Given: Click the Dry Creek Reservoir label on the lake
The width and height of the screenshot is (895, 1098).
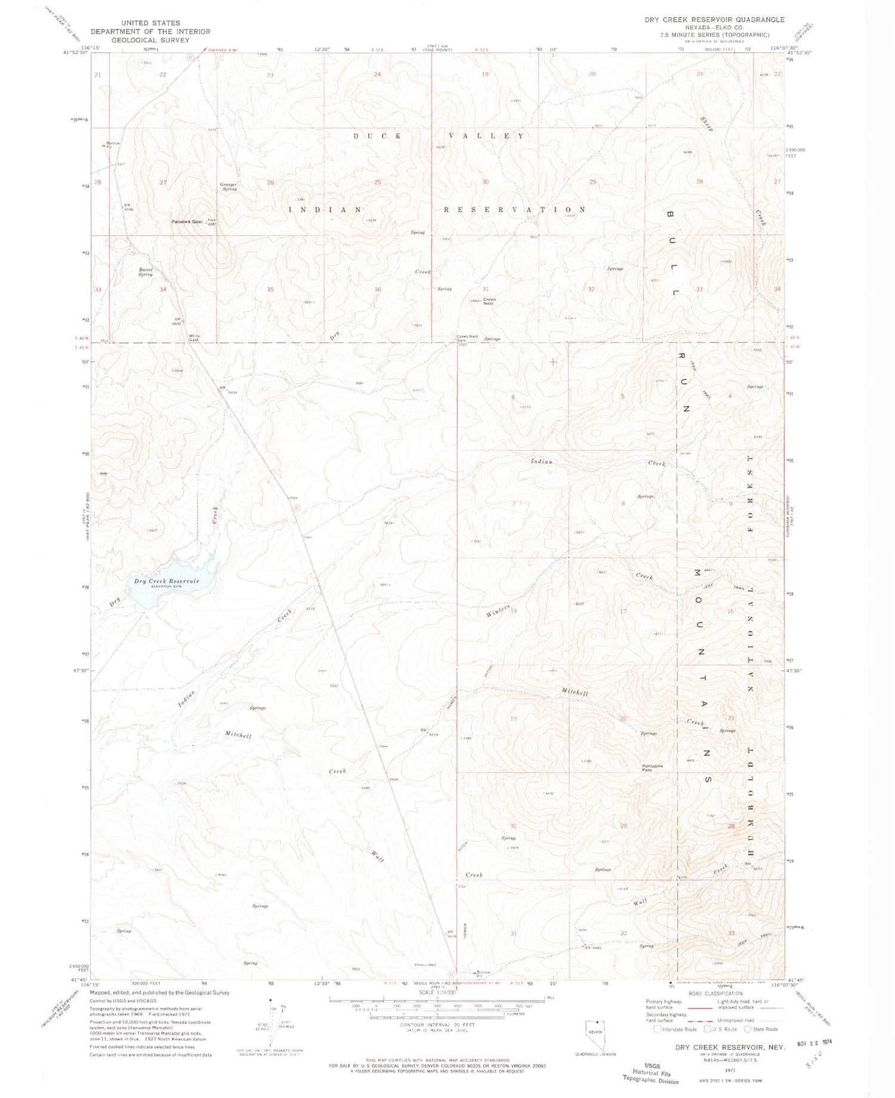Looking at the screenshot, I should [166, 581].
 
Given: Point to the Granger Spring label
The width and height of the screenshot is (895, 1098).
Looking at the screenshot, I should [229, 186].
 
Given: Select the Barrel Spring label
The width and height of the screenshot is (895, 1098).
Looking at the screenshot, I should [146, 272].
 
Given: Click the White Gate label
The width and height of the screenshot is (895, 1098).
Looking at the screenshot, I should [195, 337].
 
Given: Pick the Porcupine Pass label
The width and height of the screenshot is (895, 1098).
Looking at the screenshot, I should [653, 768].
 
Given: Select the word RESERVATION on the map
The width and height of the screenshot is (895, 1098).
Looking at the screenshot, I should [514, 210].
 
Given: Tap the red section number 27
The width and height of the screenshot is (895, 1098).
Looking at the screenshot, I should [163, 182].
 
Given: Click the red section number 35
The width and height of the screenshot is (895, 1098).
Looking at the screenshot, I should [270, 289].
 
